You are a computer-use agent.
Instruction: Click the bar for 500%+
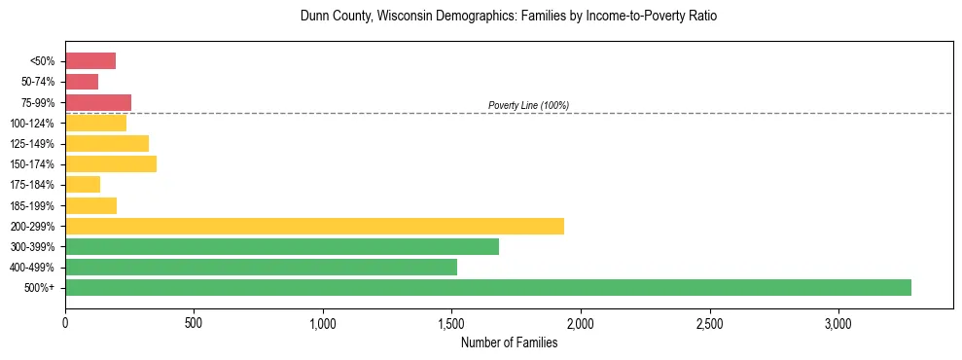(x=488, y=287)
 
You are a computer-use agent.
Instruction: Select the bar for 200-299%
(x=314, y=226)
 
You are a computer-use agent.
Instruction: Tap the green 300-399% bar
(x=282, y=246)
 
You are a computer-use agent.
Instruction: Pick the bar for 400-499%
(x=261, y=267)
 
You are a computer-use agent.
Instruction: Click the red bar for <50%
(x=90, y=61)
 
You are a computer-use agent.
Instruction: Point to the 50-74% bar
(x=82, y=82)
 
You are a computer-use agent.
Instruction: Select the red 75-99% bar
(x=98, y=102)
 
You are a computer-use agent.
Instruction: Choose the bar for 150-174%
(x=111, y=163)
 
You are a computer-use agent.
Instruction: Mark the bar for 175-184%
(x=83, y=184)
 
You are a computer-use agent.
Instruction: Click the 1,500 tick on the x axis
(x=452, y=322)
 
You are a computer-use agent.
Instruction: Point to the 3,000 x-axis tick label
(x=838, y=322)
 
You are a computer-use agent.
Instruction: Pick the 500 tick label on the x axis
(x=194, y=322)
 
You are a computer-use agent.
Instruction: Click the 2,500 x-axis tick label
(x=710, y=322)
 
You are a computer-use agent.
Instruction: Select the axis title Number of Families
(x=509, y=342)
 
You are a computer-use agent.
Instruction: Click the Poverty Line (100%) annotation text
(x=528, y=105)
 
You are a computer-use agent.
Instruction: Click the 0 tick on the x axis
(x=65, y=322)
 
